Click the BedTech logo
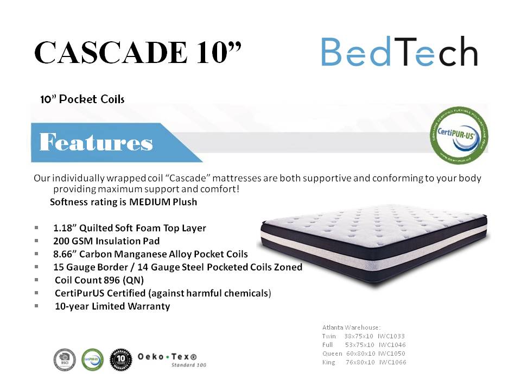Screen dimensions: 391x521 (x=399, y=52)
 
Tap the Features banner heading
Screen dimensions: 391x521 (x=96, y=143)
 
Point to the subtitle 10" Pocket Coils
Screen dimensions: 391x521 (x=82, y=99)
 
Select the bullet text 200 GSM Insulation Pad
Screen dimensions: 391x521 (x=106, y=241)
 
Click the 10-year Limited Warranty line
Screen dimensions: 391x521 (x=112, y=306)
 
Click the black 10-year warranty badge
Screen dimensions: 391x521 (x=120, y=359)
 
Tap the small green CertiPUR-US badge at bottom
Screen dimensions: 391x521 (x=92, y=359)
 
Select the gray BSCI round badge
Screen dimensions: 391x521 (x=64, y=359)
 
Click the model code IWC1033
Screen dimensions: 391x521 (x=392, y=336)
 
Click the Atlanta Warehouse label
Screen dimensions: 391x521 (x=351, y=327)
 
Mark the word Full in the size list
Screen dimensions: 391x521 (x=327, y=345)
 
